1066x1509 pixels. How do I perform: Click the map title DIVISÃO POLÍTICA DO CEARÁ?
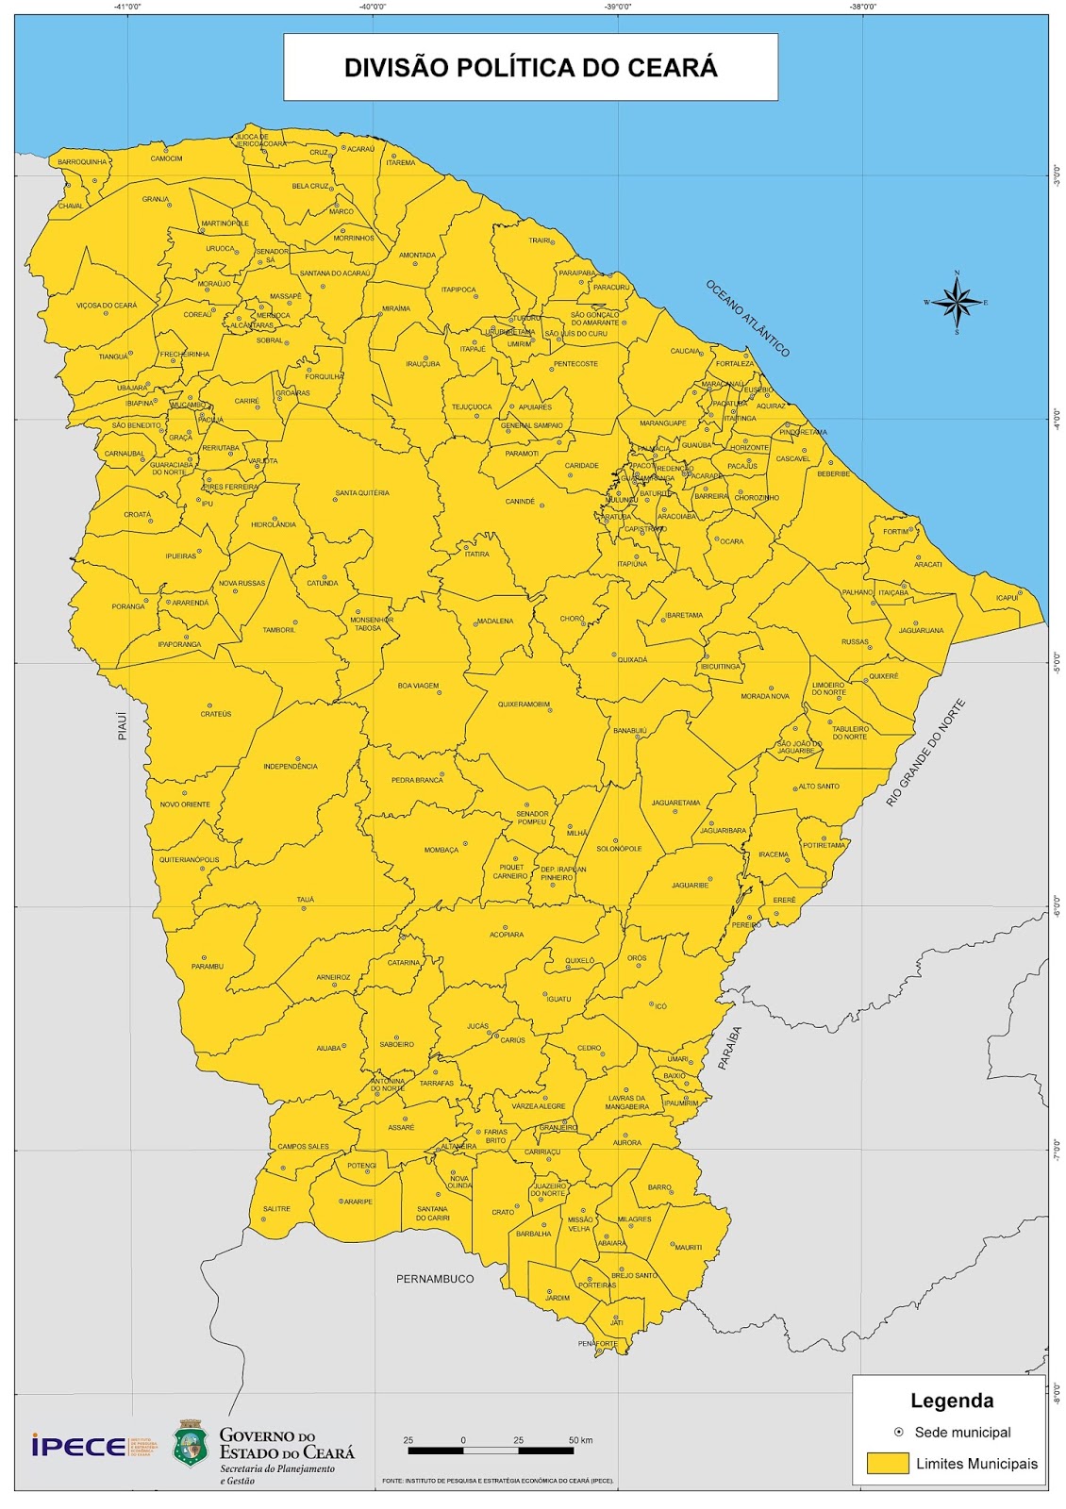pos(530,68)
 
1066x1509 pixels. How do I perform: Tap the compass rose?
pos(958,303)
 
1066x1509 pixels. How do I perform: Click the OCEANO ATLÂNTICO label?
pos(747,318)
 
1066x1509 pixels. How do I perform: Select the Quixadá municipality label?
pos(632,660)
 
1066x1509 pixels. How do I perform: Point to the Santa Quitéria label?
pos(361,493)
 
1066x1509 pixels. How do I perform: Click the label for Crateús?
pos(215,714)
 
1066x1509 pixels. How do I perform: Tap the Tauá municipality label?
pos(305,900)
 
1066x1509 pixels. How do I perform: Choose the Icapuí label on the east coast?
pos(1007,598)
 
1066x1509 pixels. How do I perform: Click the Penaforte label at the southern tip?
pos(597,1343)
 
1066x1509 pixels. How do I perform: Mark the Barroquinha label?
pos(82,161)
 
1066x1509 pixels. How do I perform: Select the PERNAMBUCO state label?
pos(435,1279)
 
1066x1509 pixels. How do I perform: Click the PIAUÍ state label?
pos(123,724)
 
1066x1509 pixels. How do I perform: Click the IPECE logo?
pos(79,1446)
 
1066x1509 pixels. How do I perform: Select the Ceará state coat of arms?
pos(190,1444)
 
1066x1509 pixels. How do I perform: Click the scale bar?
pos(491,1450)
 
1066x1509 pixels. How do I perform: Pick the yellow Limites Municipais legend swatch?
pos(888,1463)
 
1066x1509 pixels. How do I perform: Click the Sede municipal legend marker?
pos(898,1432)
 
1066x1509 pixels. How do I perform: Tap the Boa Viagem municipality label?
pos(418,686)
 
